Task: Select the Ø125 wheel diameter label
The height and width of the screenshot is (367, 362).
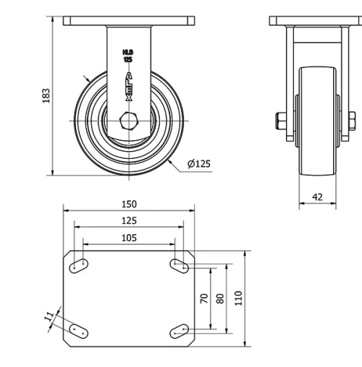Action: coord(198,164)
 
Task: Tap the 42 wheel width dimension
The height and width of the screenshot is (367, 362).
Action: coord(317,197)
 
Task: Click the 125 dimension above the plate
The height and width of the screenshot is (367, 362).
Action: coord(128,220)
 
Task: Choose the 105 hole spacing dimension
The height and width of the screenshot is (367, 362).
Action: coord(128,238)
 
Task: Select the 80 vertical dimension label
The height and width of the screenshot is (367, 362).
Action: coord(221,298)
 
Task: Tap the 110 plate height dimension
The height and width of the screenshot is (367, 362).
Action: coord(238,298)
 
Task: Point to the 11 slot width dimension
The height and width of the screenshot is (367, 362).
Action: coord(49,316)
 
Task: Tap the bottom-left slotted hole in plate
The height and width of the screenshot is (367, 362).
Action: coord(80,331)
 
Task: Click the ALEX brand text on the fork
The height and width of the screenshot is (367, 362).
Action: coord(129,85)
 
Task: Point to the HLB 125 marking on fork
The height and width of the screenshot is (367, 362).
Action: coord(128,55)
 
